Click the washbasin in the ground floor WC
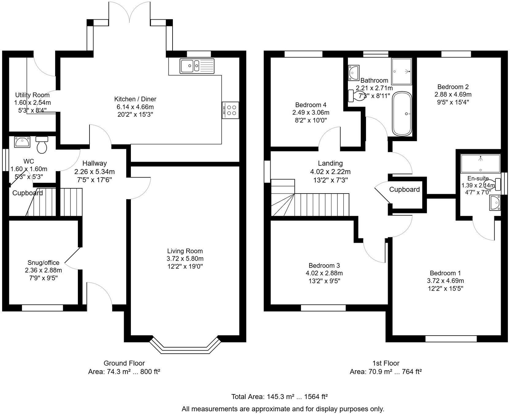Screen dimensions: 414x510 22,142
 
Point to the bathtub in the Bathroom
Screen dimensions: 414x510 402,114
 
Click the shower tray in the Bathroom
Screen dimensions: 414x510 401,71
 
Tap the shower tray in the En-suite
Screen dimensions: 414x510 480,164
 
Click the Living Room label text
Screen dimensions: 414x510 185,251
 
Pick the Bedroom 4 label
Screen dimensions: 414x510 310,105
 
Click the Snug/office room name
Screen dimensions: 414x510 43,262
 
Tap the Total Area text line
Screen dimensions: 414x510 279,397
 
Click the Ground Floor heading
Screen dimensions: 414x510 124,363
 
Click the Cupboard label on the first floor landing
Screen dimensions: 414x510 404,189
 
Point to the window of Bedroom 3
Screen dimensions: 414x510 323,307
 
